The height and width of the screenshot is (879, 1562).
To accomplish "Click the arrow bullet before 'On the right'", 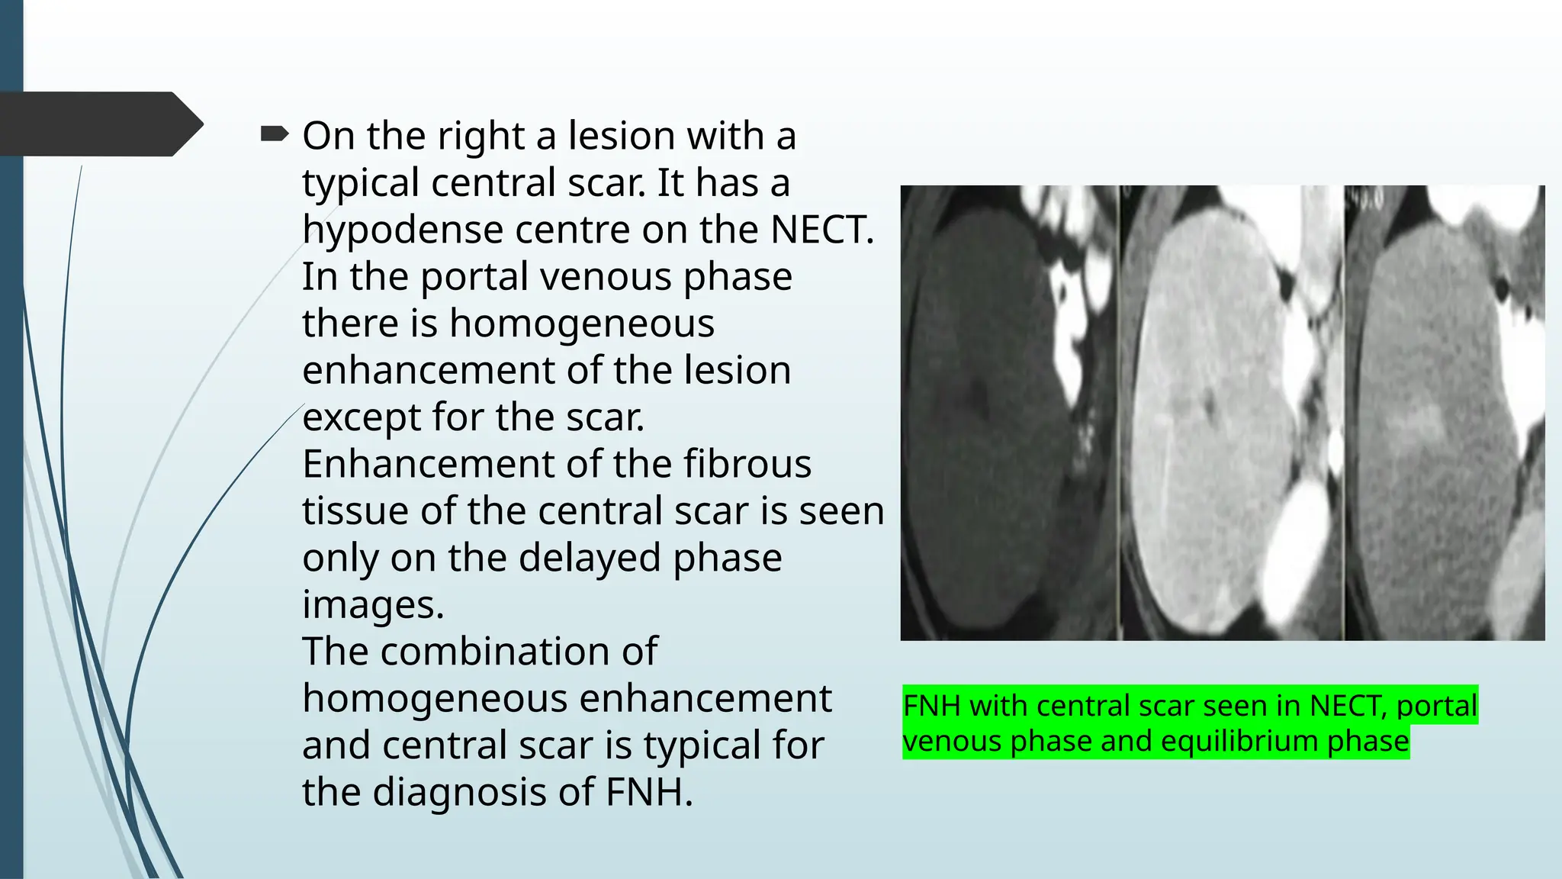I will [x=274, y=135].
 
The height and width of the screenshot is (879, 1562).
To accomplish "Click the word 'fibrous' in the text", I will [x=747, y=464].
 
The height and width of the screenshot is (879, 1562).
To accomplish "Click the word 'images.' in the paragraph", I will [x=373, y=604].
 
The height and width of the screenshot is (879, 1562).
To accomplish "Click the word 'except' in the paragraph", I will [x=361, y=417].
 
